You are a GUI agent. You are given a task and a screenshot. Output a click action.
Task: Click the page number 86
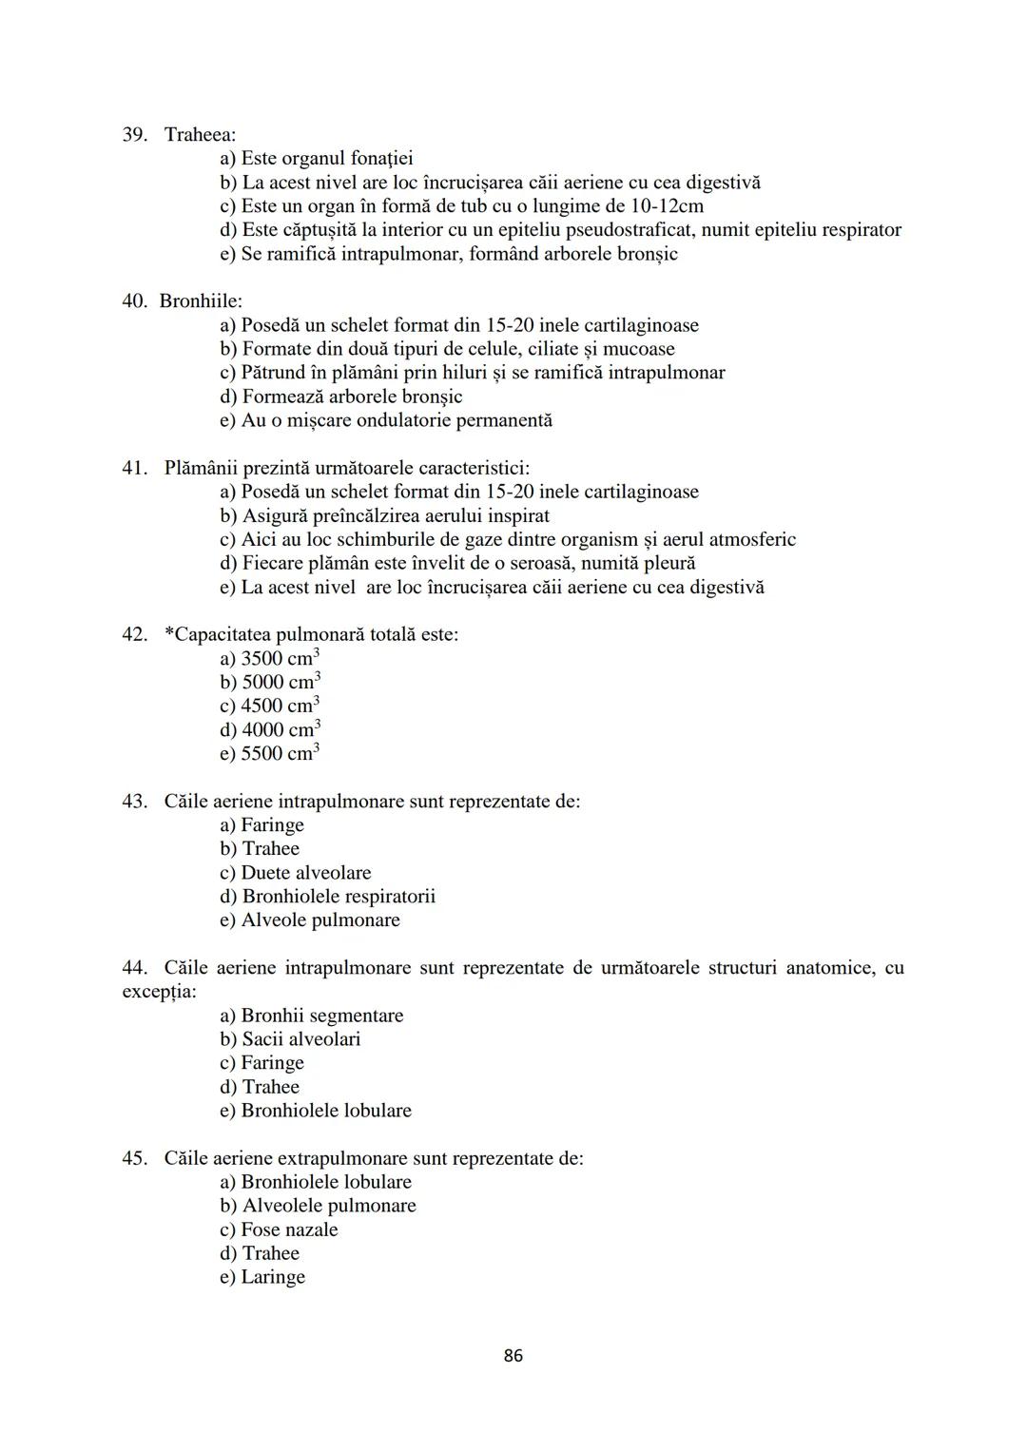[513, 1356]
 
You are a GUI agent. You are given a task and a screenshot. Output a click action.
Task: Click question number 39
[134, 134]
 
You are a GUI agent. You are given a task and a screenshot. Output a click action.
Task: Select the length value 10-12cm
[667, 206]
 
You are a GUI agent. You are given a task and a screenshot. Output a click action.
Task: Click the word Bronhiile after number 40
[201, 301]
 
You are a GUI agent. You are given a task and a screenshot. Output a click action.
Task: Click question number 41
[134, 468]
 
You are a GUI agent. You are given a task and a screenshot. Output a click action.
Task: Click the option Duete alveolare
[296, 873]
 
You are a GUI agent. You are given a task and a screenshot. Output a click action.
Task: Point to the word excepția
[159, 992]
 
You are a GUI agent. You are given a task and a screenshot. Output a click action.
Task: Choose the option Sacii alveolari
[291, 1039]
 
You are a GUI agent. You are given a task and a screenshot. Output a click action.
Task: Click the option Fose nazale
[280, 1229]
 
